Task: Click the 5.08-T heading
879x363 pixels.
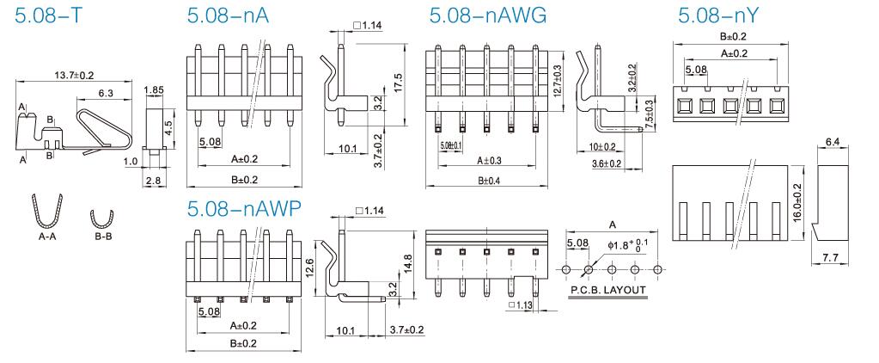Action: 50,16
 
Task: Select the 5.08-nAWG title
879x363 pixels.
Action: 487,16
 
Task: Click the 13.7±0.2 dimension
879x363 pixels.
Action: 75,77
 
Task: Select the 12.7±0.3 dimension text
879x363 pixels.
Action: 558,79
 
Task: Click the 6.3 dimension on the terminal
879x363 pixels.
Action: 107,93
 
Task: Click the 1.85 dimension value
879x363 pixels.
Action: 154,90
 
